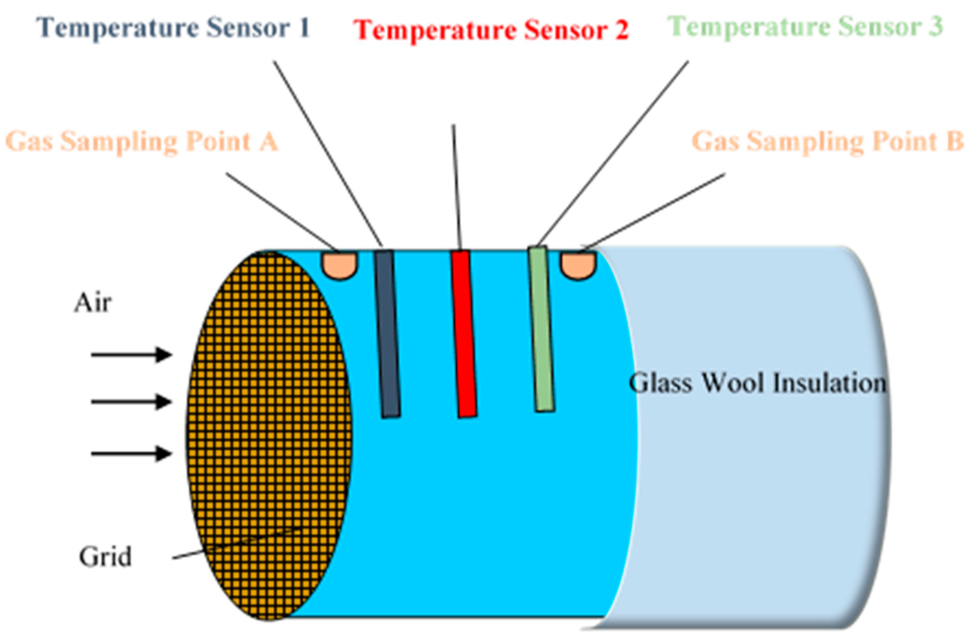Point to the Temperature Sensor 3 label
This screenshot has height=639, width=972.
805,27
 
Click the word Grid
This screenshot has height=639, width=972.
105,557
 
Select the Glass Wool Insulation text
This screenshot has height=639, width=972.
757,383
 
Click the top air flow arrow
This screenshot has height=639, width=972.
131,355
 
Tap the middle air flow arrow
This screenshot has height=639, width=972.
131,402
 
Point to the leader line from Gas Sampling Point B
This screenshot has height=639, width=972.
653,211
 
